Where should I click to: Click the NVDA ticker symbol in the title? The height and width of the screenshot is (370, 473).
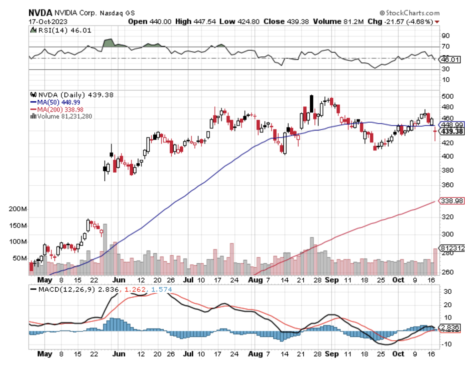pos(40,13)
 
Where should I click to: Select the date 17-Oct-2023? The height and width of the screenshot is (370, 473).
pos(48,22)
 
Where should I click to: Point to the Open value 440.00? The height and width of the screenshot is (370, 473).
pos(160,22)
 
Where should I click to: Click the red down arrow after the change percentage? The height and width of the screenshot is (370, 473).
pos(437,22)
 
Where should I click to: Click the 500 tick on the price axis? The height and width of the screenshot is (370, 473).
pos(447,96)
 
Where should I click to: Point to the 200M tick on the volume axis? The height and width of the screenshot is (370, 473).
pos(18,209)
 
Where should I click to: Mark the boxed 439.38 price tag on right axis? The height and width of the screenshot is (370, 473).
pos(452,132)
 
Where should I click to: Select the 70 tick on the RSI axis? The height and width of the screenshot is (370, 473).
pos(446,46)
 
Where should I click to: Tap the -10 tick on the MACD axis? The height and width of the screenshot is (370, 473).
pos(446,344)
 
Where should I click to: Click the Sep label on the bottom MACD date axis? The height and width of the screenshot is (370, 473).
pos(332,354)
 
